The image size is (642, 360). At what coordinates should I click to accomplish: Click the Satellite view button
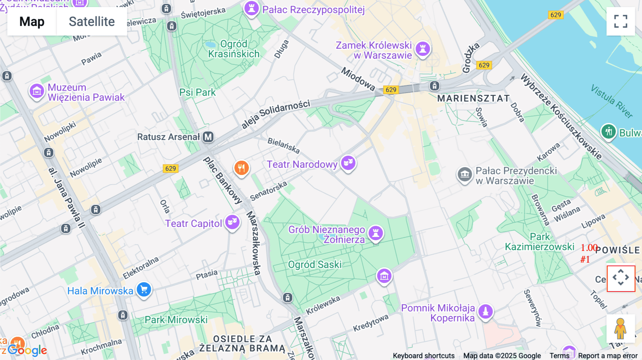[x=92, y=21]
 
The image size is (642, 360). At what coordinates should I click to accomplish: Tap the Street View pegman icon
[x=620, y=329]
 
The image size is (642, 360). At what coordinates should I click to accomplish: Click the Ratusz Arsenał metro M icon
[x=208, y=137]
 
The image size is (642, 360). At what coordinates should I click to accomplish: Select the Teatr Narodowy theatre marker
[x=348, y=163]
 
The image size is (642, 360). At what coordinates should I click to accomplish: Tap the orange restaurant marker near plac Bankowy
[x=241, y=168]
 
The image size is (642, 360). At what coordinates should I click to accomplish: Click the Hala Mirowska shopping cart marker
[x=144, y=290]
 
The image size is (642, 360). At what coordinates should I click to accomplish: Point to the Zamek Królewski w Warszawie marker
[x=423, y=49]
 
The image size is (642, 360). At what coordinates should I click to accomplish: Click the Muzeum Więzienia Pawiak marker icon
[x=37, y=92]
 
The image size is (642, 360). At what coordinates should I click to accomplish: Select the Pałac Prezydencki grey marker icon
[x=465, y=175]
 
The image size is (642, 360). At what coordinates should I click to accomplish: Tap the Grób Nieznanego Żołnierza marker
[x=376, y=233]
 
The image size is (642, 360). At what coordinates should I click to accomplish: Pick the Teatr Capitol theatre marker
[x=232, y=222]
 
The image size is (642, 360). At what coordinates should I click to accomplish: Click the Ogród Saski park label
[x=315, y=264]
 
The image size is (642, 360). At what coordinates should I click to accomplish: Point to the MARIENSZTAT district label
[x=473, y=98]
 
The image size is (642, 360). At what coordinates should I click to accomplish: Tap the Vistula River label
[x=612, y=101]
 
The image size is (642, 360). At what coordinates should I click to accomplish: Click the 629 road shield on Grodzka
[x=484, y=65]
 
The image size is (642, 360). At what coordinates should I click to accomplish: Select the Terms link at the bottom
[x=559, y=355]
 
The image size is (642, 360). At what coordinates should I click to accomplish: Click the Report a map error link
[x=608, y=355]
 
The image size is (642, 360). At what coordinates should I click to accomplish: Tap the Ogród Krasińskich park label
[x=234, y=49]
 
